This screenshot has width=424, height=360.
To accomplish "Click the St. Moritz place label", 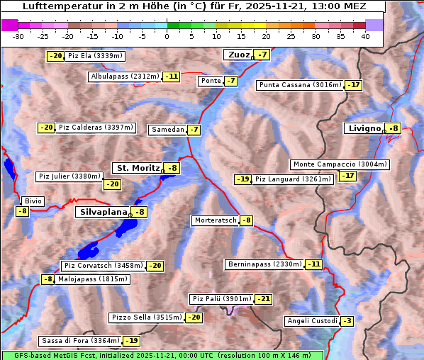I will click(x=138, y=168).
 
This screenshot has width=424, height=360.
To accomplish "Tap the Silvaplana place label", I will click(x=103, y=212).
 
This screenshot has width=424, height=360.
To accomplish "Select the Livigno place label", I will click(x=364, y=128).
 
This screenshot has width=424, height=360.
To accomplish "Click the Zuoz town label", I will click(x=238, y=55).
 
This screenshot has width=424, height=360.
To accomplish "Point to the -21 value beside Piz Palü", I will click(x=262, y=299).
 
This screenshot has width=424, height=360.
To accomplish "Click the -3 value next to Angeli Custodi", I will click(x=347, y=321).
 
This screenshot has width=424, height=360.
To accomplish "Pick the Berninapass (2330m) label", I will click(x=264, y=264).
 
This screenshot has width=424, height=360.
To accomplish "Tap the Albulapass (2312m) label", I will click(x=125, y=77).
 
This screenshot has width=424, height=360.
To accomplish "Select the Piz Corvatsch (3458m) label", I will click(x=103, y=266).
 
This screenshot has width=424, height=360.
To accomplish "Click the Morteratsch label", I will click(x=216, y=220).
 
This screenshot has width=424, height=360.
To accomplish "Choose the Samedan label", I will click(x=167, y=130).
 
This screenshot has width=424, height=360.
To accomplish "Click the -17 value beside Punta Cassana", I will click(x=353, y=85).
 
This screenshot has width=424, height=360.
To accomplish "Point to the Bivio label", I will click(x=33, y=201).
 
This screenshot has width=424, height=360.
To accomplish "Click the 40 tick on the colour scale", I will click(x=364, y=36).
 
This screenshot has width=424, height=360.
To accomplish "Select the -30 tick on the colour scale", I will click(x=18, y=36).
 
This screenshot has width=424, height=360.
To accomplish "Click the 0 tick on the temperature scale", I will click(x=167, y=36).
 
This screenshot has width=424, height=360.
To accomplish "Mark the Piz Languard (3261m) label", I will click(x=293, y=179).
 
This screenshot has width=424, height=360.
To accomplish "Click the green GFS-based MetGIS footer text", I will click(x=162, y=355).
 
